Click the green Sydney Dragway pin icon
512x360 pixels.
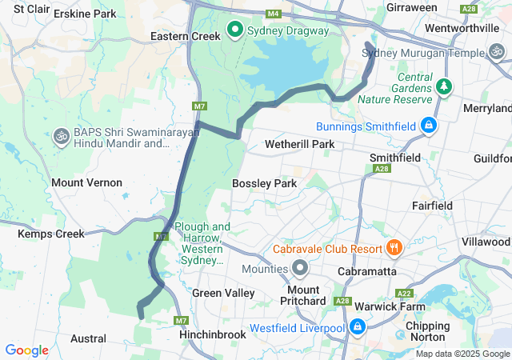(235, 30)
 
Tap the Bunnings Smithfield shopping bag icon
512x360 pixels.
(429, 126)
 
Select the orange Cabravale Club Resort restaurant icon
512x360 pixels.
(393, 248)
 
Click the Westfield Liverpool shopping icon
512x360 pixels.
(357, 328)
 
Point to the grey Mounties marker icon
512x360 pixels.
(300, 268)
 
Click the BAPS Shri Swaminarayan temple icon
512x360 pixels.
(60, 137)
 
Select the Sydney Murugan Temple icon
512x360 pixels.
(497, 53)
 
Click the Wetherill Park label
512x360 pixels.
(300, 145)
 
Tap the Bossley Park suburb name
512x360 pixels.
(264, 183)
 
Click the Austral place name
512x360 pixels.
(87, 338)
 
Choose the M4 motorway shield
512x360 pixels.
(274, 14)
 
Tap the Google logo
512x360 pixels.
(26, 350)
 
